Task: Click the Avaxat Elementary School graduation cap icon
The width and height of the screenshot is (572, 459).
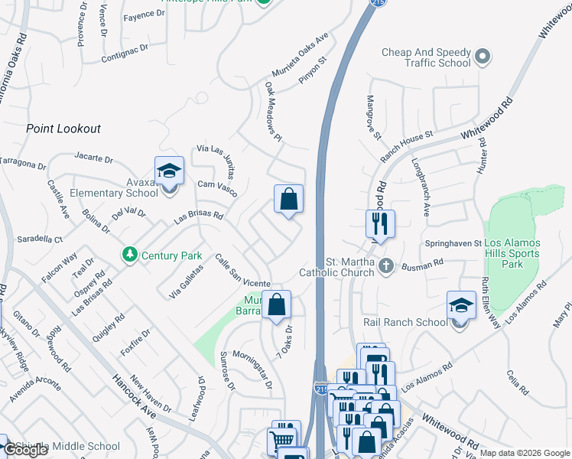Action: [x=169, y=171]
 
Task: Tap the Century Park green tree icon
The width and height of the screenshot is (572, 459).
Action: [x=130, y=254]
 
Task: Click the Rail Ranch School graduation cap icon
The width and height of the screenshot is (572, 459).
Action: [x=460, y=308]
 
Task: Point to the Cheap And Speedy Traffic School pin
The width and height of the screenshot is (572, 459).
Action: [x=483, y=57]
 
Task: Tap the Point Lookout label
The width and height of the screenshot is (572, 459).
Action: [x=63, y=129]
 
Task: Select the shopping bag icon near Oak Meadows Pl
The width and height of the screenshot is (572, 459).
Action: [x=288, y=200]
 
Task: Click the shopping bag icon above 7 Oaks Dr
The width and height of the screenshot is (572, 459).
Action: [x=276, y=305]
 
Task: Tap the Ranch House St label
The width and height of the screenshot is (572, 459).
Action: [x=407, y=145]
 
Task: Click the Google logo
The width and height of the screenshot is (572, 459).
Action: [x=26, y=450]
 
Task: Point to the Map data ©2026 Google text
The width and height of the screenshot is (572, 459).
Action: [x=525, y=453]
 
